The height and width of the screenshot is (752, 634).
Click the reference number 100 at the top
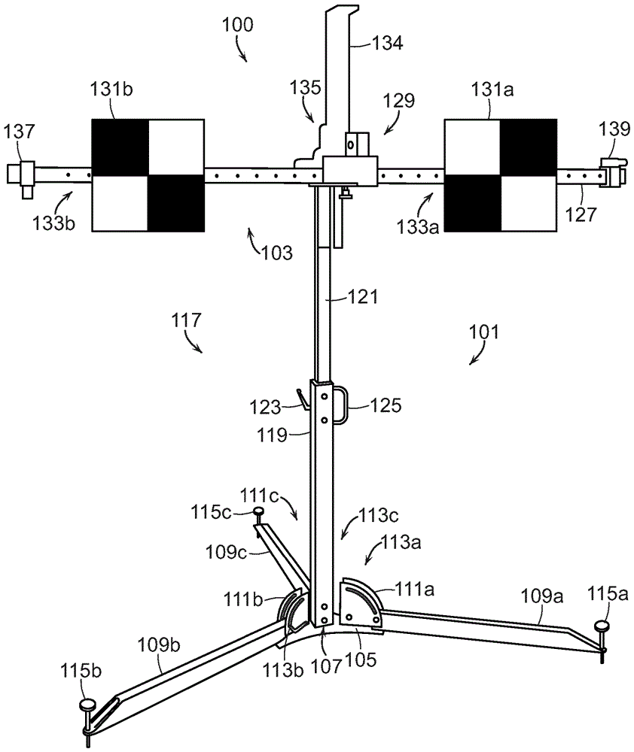(x=238, y=24)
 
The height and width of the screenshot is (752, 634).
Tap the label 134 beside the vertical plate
(x=388, y=44)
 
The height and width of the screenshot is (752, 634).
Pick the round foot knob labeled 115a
(x=602, y=626)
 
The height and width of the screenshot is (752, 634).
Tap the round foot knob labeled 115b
(x=87, y=705)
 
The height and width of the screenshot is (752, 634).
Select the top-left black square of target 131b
(x=120, y=147)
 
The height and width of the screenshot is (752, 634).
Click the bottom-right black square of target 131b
(x=176, y=203)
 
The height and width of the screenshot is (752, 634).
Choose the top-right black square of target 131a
(x=529, y=147)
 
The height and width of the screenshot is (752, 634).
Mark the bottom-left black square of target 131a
(x=473, y=203)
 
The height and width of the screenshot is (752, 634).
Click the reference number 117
(x=186, y=320)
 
